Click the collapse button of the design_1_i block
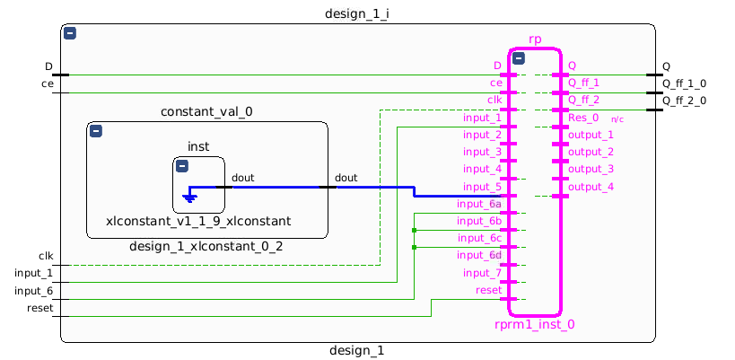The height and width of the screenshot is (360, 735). tap(70, 33)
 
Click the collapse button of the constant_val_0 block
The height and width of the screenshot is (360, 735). tap(96, 131)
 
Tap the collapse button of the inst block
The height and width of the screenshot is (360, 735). tap(181, 166)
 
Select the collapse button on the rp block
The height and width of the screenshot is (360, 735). tap(519, 58)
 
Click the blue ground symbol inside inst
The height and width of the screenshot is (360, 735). tap(189, 197)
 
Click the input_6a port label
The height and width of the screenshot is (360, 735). tap(478, 205)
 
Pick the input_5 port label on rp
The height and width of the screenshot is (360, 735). tap(482, 187)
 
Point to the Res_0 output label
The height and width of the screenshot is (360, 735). tap(583, 118)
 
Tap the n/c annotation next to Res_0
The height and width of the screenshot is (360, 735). tap(617, 119)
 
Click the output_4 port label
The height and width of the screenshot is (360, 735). tap(591, 187)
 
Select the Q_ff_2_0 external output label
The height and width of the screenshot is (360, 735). tap(684, 101)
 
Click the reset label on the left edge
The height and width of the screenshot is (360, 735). tap(39, 308)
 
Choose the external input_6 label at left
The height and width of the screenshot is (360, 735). tap(33, 291)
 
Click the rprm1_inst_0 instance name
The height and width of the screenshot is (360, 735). tap(534, 325)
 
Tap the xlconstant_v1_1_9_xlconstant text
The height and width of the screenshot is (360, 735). tap(198, 221)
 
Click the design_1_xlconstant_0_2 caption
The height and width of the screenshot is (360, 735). tap(206, 247)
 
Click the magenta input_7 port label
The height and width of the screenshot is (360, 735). tap(482, 273)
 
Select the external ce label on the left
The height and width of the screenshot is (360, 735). tap(47, 83)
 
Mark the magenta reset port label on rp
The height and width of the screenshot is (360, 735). tap(488, 290)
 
